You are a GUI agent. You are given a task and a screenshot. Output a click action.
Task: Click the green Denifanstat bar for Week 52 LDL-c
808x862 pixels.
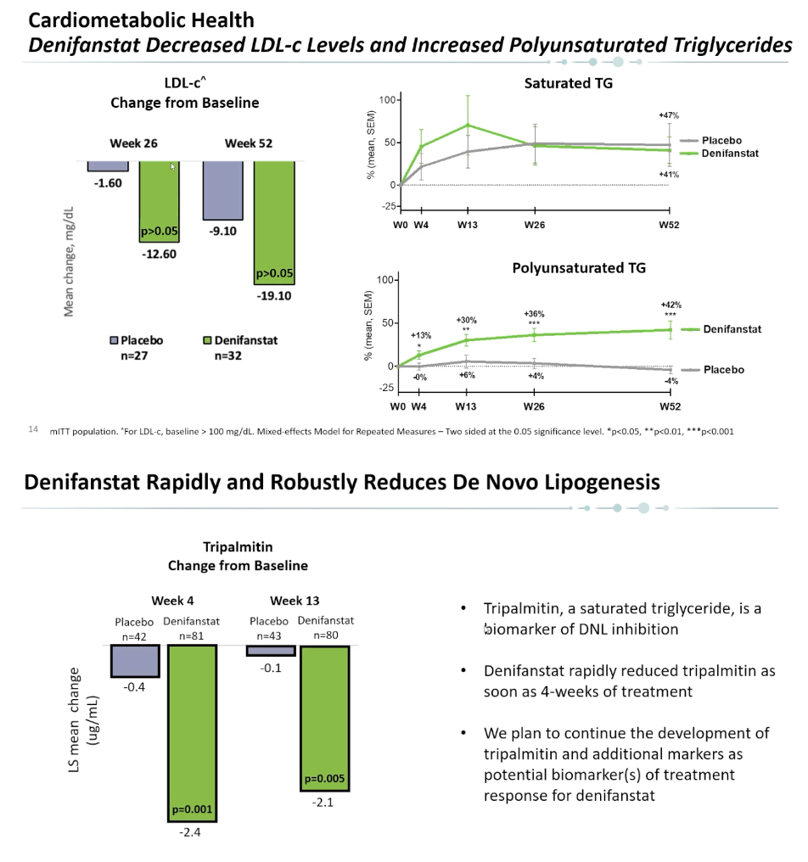[274, 222]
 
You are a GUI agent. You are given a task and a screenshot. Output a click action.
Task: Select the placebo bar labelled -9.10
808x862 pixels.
[222, 190]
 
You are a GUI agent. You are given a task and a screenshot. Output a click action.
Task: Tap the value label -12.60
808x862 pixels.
[159, 254]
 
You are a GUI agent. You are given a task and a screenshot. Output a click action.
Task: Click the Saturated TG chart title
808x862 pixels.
[568, 83]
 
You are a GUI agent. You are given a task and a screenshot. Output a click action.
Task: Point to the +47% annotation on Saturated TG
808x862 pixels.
[669, 115]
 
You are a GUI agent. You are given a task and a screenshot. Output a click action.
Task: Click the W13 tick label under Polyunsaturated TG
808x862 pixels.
[466, 406]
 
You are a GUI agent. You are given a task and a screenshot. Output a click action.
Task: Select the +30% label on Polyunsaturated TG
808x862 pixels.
[467, 320]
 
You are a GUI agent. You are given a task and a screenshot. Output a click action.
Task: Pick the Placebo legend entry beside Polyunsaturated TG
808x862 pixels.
[714, 369]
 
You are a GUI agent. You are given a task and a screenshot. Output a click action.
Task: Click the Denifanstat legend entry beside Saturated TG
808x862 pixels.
[720, 154]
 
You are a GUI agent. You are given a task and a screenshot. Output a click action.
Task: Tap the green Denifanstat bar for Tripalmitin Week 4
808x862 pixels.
[192, 733]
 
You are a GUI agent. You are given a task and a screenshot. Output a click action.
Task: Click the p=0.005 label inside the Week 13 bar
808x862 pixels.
[324, 779]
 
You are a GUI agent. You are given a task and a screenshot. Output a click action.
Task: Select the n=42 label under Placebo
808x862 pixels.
[134, 636]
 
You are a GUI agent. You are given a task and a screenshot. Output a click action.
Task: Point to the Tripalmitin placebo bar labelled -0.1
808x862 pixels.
[271, 651]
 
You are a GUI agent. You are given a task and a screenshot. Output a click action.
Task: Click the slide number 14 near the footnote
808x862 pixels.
[33, 428]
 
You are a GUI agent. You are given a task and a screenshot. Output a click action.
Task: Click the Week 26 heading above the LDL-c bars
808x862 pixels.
[133, 143]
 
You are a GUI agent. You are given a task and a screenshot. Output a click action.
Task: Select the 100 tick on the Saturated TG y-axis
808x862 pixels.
[387, 99]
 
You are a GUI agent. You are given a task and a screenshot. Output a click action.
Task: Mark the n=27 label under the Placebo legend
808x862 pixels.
[134, 355]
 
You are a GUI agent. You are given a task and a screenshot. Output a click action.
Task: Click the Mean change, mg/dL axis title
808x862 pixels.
[69, 261]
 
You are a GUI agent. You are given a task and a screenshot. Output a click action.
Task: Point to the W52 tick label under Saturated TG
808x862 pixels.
[669, 225]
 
